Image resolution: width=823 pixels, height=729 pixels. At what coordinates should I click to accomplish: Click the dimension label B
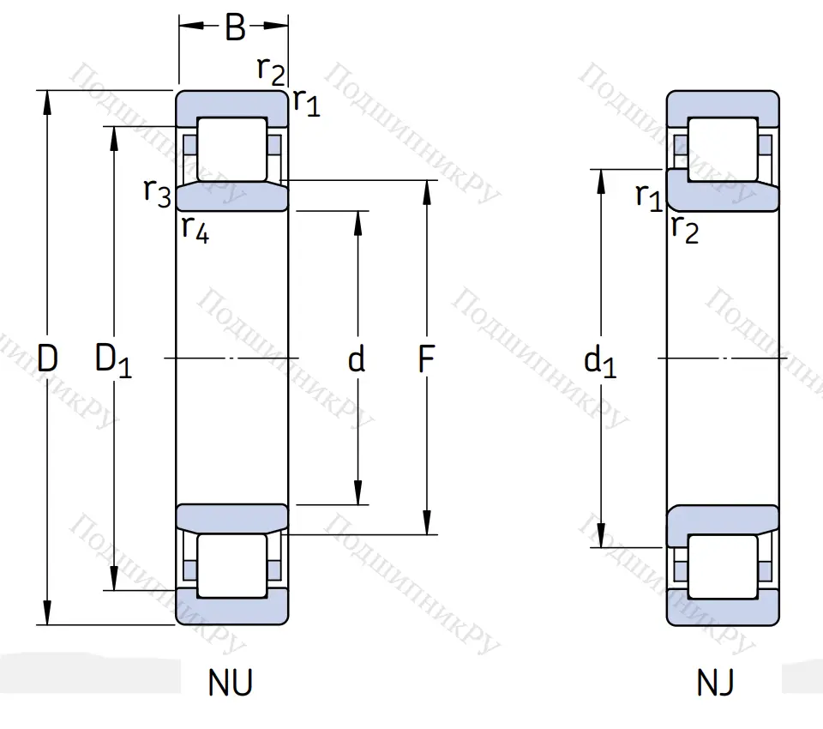point(234,28)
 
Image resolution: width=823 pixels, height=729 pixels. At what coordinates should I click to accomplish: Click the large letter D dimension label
point(47,360)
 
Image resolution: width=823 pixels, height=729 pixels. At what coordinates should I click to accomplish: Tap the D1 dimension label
point(113,362)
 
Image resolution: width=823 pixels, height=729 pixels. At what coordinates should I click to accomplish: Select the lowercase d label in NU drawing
point(357,360)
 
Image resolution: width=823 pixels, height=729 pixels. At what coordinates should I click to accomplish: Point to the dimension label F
point(426,360)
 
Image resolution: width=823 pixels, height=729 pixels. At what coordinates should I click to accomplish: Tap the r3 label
point(157,195)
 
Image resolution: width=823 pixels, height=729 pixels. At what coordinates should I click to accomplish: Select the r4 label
point(195,230)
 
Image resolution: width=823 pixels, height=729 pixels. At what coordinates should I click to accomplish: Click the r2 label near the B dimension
point(271,70)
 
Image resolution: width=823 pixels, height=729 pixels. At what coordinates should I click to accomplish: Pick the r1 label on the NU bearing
point(306,103)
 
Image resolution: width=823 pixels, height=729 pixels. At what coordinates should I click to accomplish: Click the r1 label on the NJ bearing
point(649,197)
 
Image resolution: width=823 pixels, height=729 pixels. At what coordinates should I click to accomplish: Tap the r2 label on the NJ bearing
point(685,229)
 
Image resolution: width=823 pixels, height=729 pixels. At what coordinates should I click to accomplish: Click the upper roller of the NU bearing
point(231,149)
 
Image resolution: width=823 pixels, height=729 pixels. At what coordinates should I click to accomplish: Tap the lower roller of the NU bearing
point(231,566)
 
